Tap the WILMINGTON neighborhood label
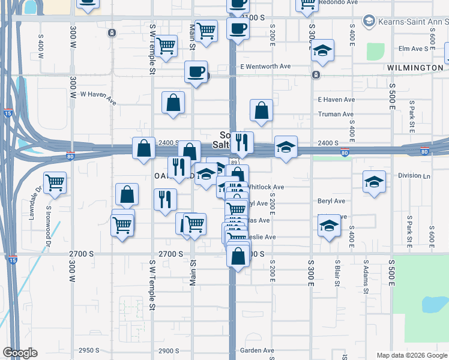[x=415, y=68]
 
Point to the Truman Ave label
[x=336, y=114]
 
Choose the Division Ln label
[x=414, y=176]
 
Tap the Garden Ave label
[x=257, y=350]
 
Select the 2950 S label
[x=89, y=350]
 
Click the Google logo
[x=20, y=353]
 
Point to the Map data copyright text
[x=412, y=355]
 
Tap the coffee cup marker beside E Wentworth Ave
[x=196, y=73]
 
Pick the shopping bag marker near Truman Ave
[x=261, y=110]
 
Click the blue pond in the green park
[x=433, y=304]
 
